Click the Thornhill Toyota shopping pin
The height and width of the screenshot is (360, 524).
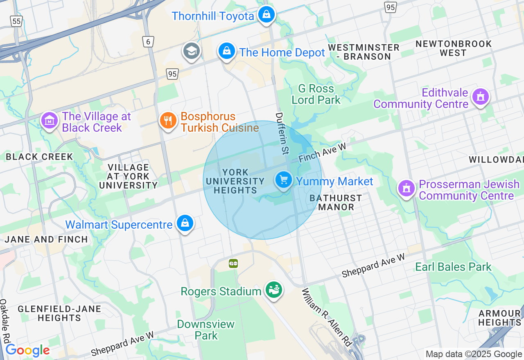click(x=267, y=15)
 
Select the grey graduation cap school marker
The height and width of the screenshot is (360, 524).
click(x=191, y=51)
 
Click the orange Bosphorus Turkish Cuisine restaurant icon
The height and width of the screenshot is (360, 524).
click(x=168, y=121)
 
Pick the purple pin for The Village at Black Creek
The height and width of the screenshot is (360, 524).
click(x=50, y=121)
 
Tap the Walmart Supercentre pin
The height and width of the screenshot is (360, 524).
click(x=185, y=223)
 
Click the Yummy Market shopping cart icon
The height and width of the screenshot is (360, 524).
click(x=283, y=180)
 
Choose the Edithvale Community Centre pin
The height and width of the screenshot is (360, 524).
click(x=481, y=97)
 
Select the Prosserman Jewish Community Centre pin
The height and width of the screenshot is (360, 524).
click(x=407, y=189)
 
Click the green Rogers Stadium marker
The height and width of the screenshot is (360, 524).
click(x=273, y=290)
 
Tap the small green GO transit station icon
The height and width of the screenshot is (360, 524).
click(x=233, y=264)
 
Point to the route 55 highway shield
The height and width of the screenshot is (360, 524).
click(x=16, y=21)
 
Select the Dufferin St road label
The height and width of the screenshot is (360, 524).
click(x=282, y=133)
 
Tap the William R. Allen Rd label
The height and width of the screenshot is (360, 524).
click(x=327, y=317)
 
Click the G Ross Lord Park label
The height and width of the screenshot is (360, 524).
click(x=316, y=94)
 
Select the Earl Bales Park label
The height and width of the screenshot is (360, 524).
click(x=453, y=267)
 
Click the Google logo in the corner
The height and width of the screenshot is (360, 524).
click(x=27, y=351)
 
